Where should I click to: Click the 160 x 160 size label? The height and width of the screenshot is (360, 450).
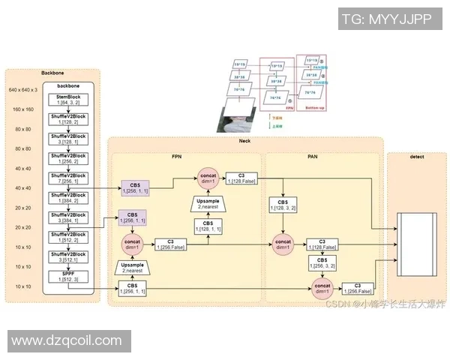click(x=22, y=109)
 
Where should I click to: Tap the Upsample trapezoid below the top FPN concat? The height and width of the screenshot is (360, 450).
click(x=208, y=204)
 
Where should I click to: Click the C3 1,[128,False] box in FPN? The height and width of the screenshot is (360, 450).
click(x=242, y=176)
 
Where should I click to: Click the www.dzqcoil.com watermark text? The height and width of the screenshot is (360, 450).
click(x=67, y=341)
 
